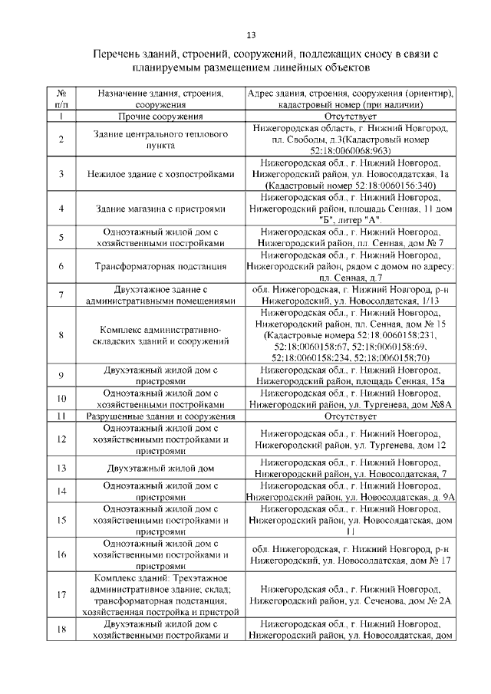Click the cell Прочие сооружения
tap(160, 117)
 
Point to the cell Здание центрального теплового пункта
tap(160, 139)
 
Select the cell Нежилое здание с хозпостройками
tap(160, 174)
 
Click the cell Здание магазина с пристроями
tap(160, 209)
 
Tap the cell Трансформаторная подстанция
tap(160, 266)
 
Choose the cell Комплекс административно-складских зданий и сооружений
tap(160, 334)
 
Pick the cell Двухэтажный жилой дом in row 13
tap(160, 468)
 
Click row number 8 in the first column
tap(61, 334)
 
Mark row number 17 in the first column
tap(61, 595)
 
